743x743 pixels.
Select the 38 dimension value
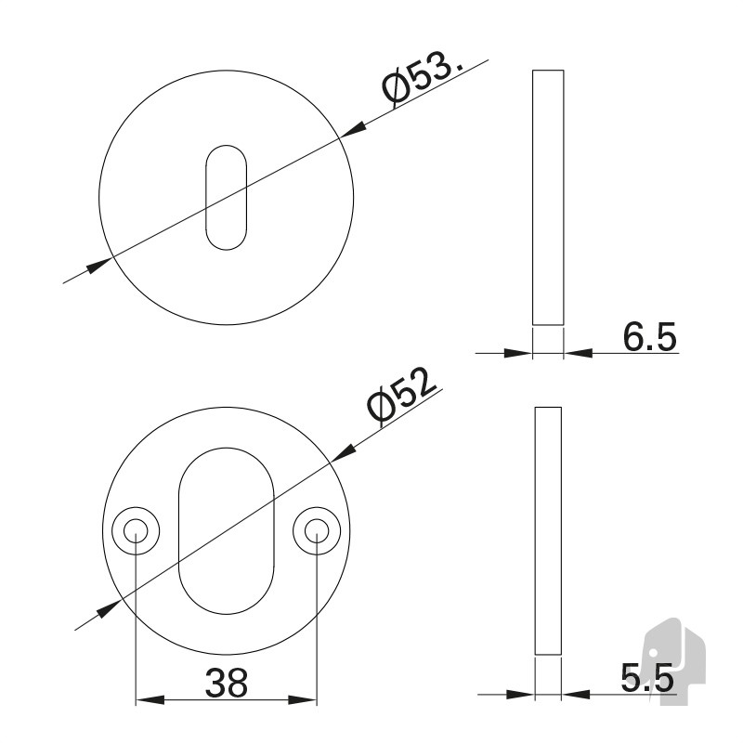coord(226,683)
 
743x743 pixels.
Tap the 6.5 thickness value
coord(649,336)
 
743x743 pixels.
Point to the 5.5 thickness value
coord(647,678)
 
